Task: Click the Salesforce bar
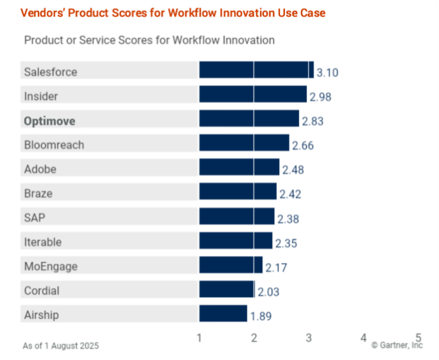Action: (256, 70)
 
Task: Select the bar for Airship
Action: (223, 314)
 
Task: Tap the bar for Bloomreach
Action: (244, 143)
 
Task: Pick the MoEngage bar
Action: (230, 265)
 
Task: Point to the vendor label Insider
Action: (40, 96)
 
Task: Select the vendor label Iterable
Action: (42, 242)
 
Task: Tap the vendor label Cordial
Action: (41, 291)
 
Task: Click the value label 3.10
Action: (328, 73)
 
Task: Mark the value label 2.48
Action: (293, 170)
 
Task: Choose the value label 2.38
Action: (288, 219)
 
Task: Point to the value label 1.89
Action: (261, 316)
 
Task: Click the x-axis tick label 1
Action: (200, 338)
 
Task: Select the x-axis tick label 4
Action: (363, 338)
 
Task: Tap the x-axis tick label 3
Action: (309, 338)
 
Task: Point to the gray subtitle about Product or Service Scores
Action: (149, 40)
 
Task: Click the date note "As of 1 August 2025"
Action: (61, 346)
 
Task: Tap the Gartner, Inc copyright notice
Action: (397, 346)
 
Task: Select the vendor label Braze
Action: (38, 193)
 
